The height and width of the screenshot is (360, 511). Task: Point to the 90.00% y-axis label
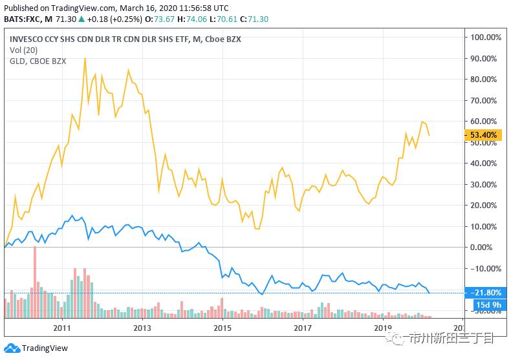[x=484, y=58]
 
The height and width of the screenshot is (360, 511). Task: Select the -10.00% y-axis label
[x=484, y=268]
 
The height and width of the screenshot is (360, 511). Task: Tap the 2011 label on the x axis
[x=62, y=327]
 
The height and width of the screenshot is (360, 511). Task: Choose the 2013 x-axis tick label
[x=142, y=327]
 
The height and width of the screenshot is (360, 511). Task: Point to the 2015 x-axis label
[x=223, y=327]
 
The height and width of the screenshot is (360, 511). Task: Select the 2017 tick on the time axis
[x=303, y=327]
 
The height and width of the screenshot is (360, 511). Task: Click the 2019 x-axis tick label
[x=383, y=327]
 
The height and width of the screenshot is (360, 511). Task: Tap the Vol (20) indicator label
[x=23, y=50]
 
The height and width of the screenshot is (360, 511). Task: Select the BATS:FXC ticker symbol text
[x=22, y=19]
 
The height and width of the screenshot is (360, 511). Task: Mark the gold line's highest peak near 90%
[x=85, y=58]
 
